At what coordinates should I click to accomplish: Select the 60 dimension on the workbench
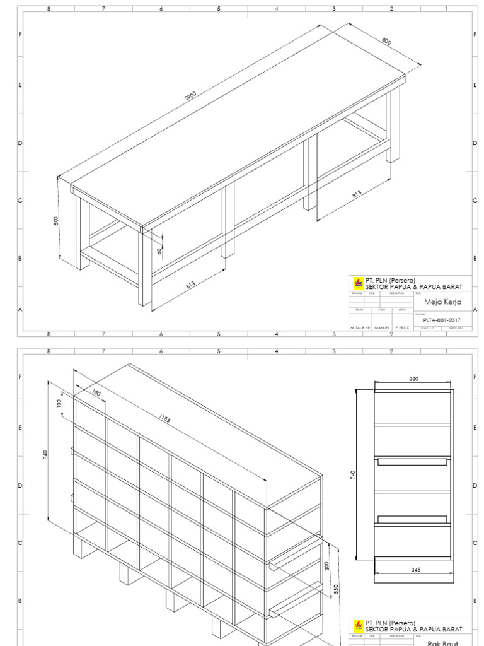tap(160, 250)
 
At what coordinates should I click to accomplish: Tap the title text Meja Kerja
tap(442, 302)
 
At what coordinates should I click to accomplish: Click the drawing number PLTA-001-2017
tap(442, 320)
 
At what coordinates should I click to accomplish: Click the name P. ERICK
tap(402, 328)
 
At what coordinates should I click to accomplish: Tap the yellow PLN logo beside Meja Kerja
tap(359, 283)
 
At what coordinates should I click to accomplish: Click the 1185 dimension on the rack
tap(165, 421)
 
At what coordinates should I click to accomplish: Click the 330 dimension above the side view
tap(413, 379)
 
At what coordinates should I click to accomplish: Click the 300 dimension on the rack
tap(326, 566)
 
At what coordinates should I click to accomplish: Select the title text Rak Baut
tap(442, 643)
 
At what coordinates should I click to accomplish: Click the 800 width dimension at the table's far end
tap(386, 42)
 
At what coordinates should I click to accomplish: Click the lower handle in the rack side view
tap(413, 519)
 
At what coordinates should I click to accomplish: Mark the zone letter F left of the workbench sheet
tap(20, 34)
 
